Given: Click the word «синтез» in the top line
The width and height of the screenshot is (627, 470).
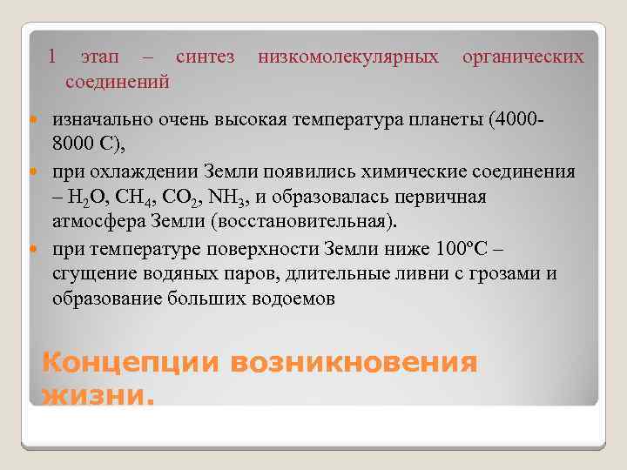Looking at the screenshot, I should (x=205, y=57).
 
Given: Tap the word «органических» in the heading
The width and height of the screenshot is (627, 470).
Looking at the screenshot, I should (x=522, y=57).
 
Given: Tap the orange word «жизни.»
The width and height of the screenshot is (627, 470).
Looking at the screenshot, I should (x=98, y=397).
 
